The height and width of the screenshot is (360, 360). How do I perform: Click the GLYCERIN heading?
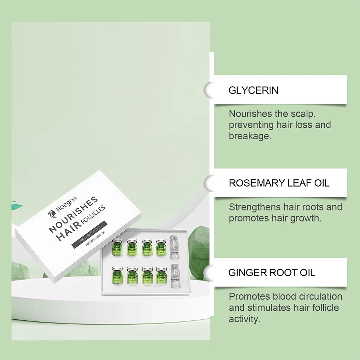tap(253, 90)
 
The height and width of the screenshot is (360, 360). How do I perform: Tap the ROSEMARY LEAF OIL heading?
tap(279, 183)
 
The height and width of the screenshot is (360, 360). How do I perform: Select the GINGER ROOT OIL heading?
tap(272, 272)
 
